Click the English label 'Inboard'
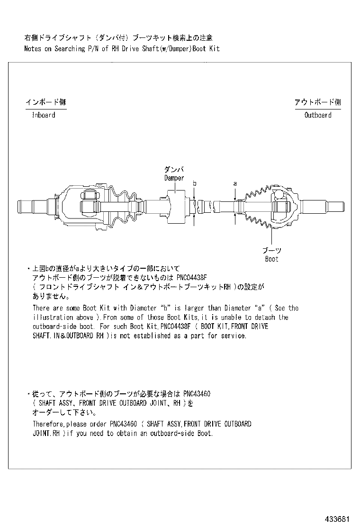tap(43, 115)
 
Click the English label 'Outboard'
tap(317, 115)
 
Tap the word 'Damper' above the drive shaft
tap(174, 178)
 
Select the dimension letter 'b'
tap(194, 183)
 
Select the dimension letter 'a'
tap(235, 183)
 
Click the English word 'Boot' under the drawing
tap(271, 259)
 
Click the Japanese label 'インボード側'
tap(45, 102)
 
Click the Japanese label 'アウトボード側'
tap(317, 102)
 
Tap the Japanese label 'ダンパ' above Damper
tap(173, 170)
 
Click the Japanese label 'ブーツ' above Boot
tap(271, 251)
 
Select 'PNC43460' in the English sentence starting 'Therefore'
tap(124, 424)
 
